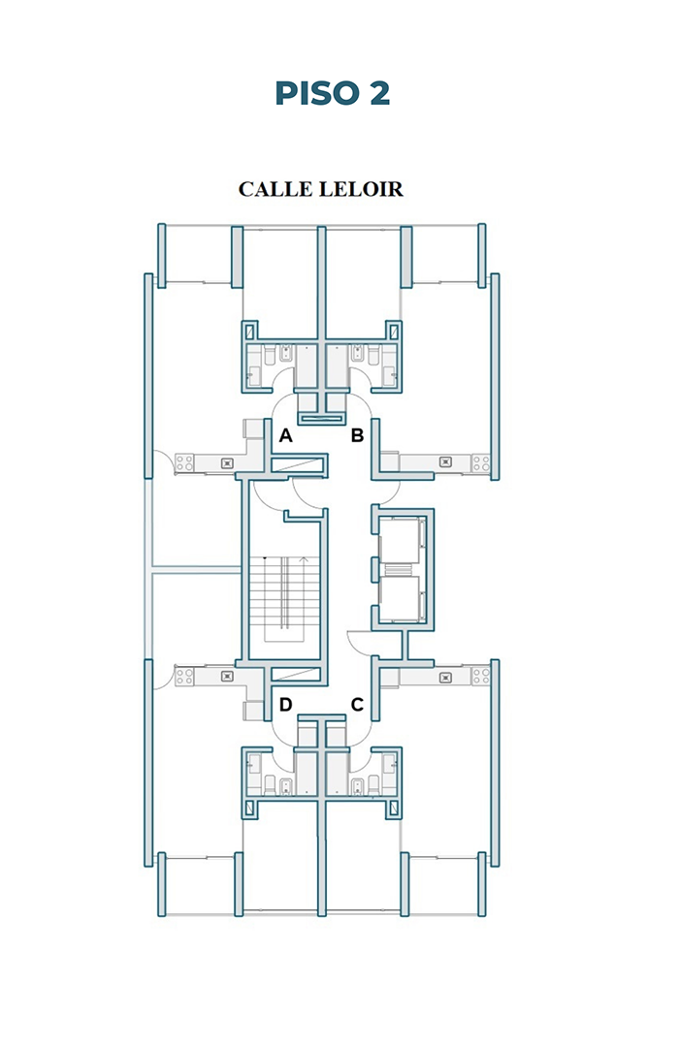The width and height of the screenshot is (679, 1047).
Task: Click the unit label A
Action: (285, 436)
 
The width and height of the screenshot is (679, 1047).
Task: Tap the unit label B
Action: (358, 436)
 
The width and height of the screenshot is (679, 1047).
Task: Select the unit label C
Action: (358, 705)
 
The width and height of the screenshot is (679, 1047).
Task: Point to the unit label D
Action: (285, 705)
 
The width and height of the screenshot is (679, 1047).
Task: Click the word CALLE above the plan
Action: (276, 190)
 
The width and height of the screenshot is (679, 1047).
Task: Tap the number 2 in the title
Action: (379, 93)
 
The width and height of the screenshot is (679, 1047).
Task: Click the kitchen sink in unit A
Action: (227, 462)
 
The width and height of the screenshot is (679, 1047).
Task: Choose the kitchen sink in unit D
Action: (227, 677)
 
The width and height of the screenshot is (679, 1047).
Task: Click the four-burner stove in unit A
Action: (184, 462)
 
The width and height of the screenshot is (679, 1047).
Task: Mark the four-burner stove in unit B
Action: (480, 462)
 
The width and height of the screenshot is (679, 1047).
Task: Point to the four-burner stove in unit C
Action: (480, 676)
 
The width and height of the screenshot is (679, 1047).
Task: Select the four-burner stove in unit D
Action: (184, 677)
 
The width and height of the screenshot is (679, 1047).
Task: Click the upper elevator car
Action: (400, 540)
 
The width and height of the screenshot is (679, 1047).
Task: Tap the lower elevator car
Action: (400, 598)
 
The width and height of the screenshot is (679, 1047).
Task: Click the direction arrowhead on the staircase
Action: (305, 559)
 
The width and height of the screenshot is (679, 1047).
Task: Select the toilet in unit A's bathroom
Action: (270, 355)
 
